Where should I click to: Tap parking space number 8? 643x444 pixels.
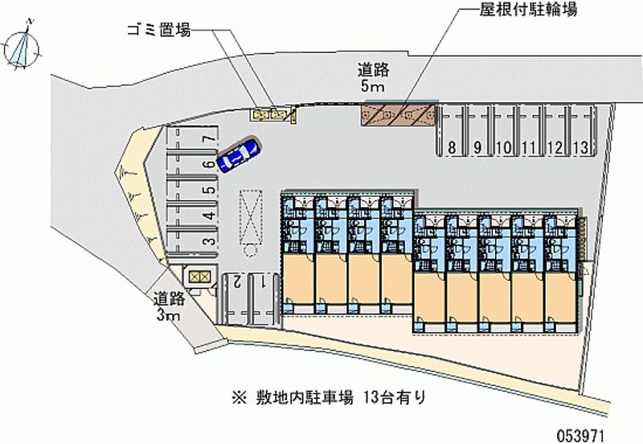pos(453,147)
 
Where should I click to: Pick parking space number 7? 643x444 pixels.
pos(207,139)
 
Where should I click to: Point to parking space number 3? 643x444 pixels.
pos(207,241)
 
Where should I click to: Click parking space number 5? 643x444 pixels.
pos(207,190)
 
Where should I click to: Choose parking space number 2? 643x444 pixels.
pos(238,281)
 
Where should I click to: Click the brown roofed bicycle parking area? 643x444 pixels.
pos(399,114)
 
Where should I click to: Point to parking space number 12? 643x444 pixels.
pos(556,147)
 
